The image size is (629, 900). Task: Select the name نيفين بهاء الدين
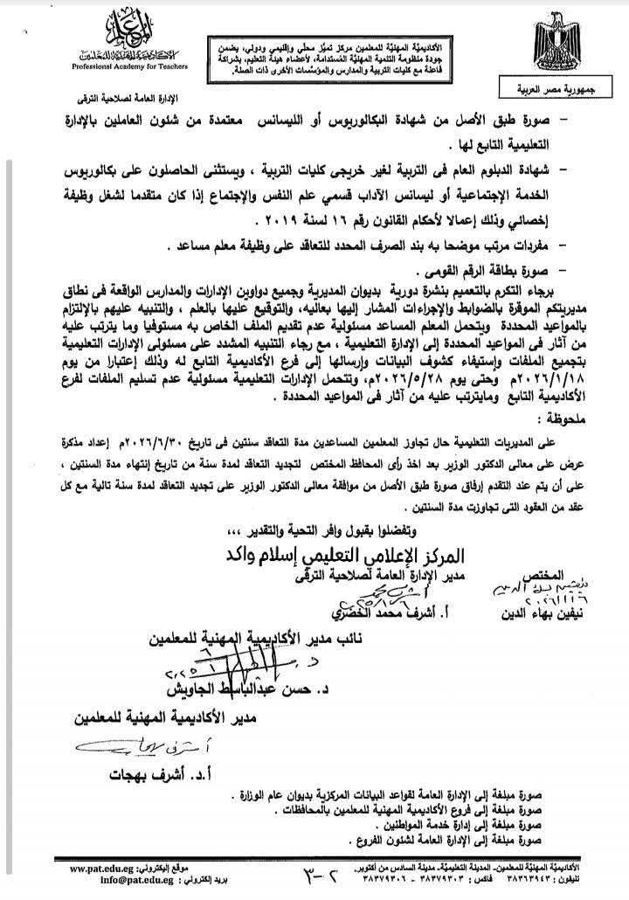[x=575, y=600]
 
